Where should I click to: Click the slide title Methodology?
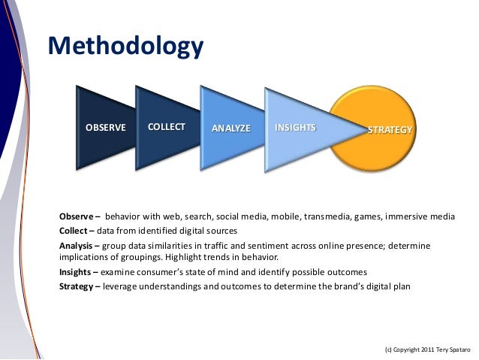[x=125, y=47]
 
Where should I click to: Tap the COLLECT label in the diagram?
[x=167, y=126]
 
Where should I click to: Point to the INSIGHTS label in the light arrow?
[x=295, y=127]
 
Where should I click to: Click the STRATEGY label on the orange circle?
[x=390, y=130]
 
